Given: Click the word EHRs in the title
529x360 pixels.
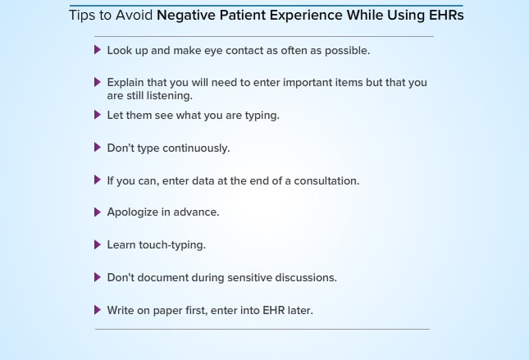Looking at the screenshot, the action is pyautogui.click(x=446, y=16).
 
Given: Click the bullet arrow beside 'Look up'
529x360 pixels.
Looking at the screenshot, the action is pyautogui.click(x=98, y=50).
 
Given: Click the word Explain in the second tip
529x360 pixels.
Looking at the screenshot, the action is pyautogui.click(x=125, y=83).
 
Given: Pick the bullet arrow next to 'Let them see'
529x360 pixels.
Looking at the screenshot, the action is pyautogui.click(x=98, y=115).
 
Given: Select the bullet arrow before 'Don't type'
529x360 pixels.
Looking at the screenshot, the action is pyautogui.click(x=98, y=147).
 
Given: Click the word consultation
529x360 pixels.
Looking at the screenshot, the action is pyautogui.click(x=326, y=181).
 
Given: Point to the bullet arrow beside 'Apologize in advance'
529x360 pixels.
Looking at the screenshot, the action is pyautogui.click(x=98, y=212).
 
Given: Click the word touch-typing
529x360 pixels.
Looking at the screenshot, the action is pyautogui.click(x=172, y=245).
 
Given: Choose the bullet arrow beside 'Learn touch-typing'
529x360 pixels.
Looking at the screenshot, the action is pyautogui.click(x=98, y=244).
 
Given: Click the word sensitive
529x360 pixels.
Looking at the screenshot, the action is pyautogui.click(x=249, y=278).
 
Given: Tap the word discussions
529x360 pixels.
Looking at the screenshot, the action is pyautogui.click(x=306, y=278).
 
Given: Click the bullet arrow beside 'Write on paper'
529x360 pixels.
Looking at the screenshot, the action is pyautogui.click(x=98, y=310).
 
